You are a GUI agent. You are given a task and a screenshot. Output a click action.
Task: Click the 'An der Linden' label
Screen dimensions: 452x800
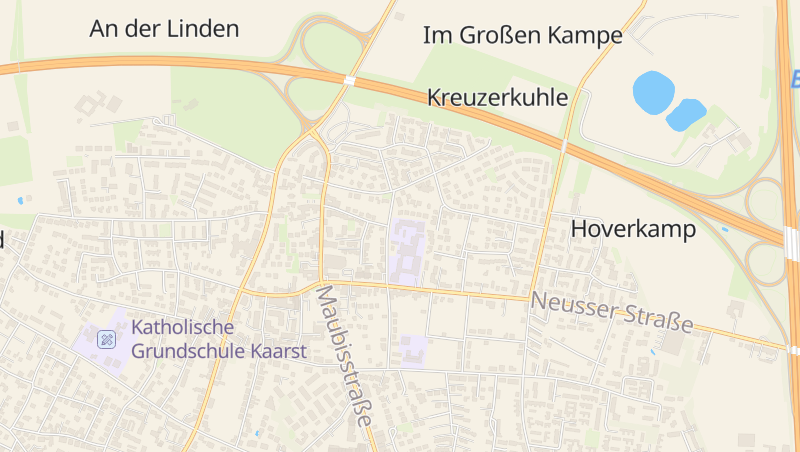point(164,29)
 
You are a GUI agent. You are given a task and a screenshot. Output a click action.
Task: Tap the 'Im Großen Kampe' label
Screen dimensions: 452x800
point(522,36)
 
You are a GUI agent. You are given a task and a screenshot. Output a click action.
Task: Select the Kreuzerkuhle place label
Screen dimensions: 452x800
point(497,98)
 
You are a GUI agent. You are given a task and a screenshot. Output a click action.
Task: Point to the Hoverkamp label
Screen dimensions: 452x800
point(632,229)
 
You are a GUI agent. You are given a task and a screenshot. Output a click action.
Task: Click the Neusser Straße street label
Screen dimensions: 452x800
point(612,311)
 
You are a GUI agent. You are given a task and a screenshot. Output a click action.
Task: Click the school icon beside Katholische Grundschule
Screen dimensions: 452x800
point(107,339)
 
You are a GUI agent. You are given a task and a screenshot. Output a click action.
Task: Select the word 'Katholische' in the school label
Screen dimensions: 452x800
point(182,327)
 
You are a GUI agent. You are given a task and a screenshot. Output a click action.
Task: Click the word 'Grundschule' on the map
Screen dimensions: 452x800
point(187,352)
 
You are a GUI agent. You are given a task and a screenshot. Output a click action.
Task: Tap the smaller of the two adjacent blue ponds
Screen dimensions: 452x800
point(686,114)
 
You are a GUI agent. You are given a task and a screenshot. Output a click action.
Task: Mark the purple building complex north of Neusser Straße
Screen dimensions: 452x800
point(406,251)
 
